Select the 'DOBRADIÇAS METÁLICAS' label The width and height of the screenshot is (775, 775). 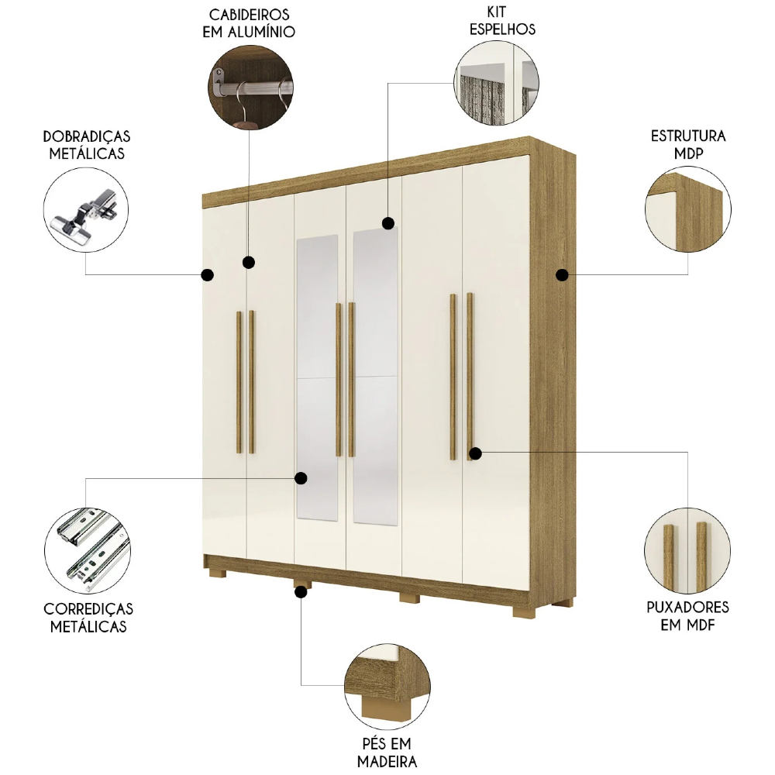pos(87,145)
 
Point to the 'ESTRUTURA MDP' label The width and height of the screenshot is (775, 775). pos(687,143)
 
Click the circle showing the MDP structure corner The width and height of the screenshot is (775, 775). pos(687,210)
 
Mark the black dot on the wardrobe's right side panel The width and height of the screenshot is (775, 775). pos(563,274)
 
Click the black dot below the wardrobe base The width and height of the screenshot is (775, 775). pos(301,592)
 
